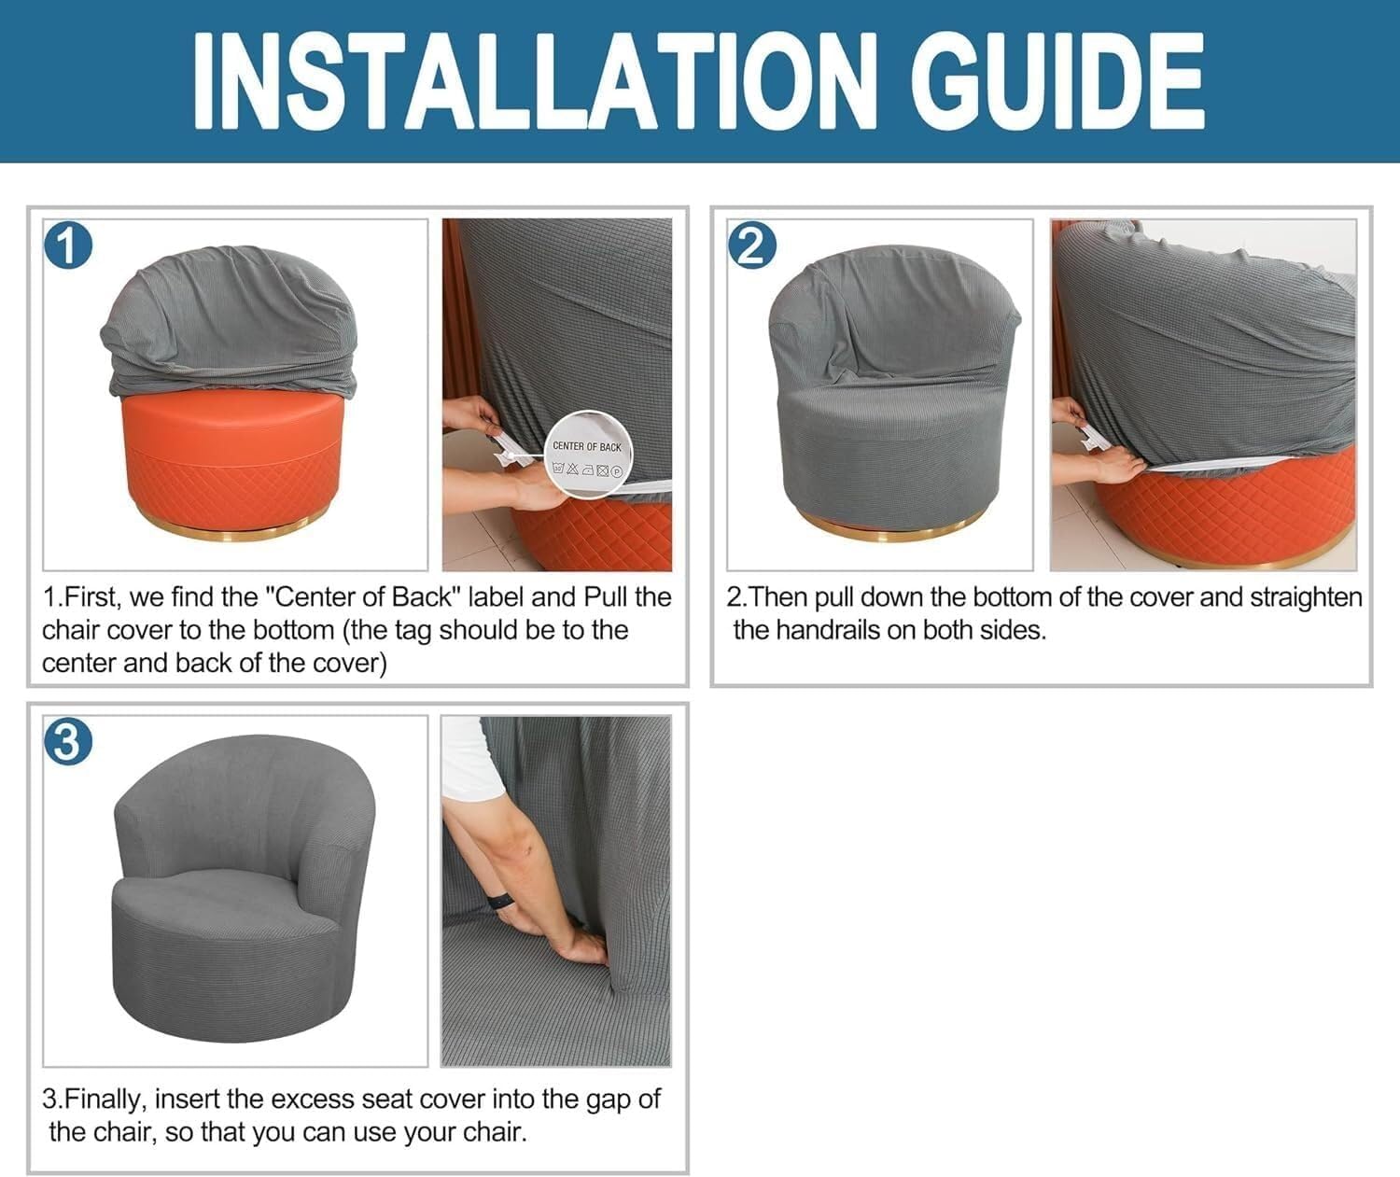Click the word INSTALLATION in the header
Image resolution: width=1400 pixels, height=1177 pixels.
click(535, 80)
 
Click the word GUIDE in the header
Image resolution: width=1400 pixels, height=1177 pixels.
click(1057, 80)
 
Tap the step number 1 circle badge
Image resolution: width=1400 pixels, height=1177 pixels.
click(68, 245)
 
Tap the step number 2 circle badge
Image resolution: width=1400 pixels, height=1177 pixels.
click(751, 245)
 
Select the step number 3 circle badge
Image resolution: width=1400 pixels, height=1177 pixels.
click(68, 742)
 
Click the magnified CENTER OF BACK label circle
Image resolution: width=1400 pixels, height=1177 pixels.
click(588, 455)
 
